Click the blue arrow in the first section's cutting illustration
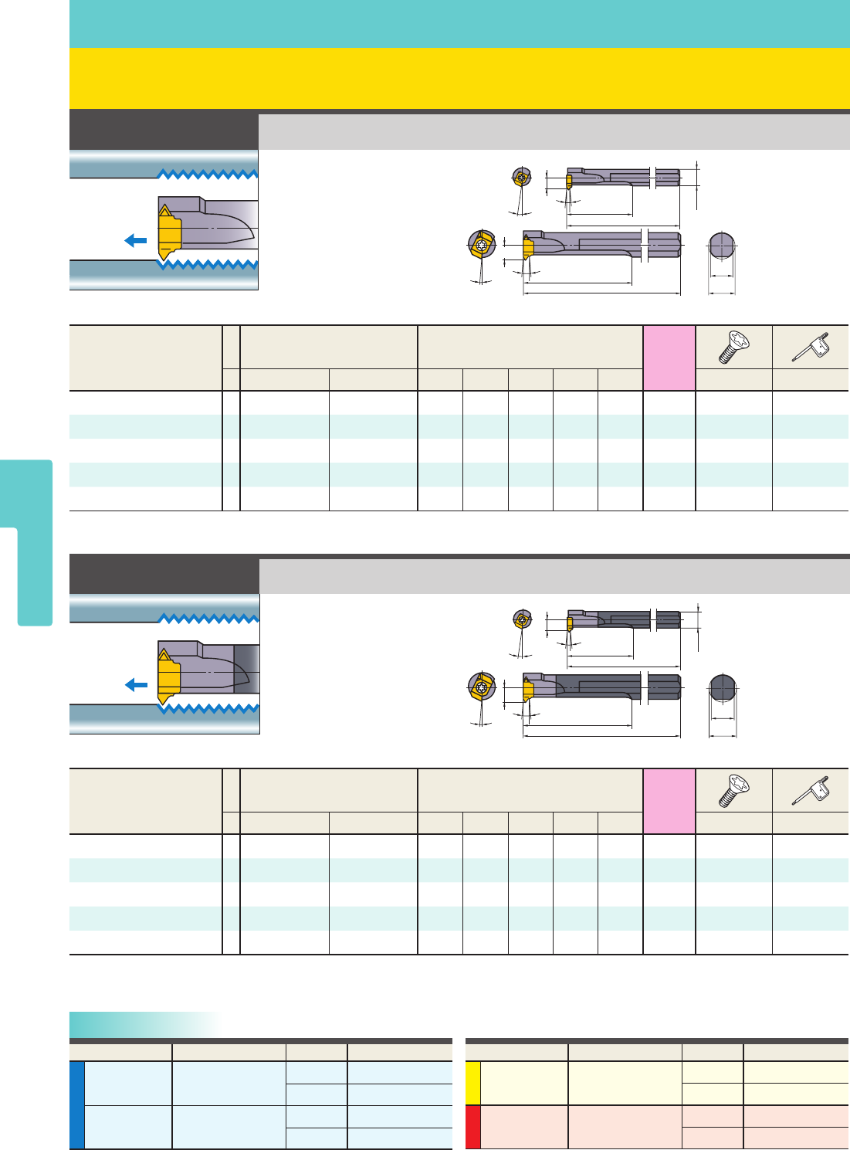[136, 240]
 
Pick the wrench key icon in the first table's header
[810, 348]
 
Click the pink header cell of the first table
[669, 358]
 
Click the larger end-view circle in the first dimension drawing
[481, 246]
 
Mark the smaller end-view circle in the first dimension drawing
[522, 178]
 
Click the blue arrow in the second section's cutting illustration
[136, 685]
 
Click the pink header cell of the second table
[669, 801]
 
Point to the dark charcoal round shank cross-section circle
[723, 687]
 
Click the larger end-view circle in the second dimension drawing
[481, 687]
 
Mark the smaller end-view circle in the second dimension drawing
[523, 619]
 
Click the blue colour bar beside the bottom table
[76, 1105]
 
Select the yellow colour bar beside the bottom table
[473, 1083]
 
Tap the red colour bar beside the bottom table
[473, 1127]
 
